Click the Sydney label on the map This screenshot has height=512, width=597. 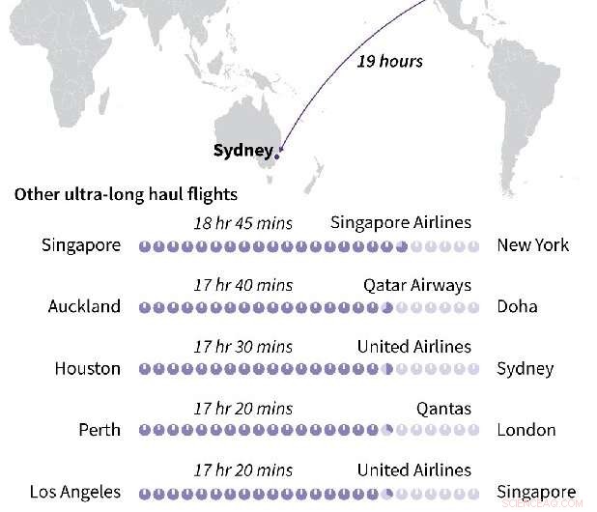point(242,151)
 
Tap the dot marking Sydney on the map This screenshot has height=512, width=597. point(278,153)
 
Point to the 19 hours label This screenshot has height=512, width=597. point(390,61)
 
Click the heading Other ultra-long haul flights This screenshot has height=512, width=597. point(126,194)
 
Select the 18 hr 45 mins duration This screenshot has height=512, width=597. point(242,223)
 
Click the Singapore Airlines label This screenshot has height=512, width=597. point(401,223)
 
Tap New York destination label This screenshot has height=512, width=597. point(533,245)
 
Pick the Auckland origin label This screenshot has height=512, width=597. point(85,307)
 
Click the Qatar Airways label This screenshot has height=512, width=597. point(417,285)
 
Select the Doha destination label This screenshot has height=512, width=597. point(517,307)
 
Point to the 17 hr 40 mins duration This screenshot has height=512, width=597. point(242,285)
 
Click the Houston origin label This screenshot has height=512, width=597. point(88,369)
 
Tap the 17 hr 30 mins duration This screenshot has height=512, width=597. point(242,347)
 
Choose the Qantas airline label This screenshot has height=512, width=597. point(444,409)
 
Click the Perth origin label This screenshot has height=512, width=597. point(99,431)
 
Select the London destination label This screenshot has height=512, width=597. point(526,431)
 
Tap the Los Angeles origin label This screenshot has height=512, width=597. point(75,493)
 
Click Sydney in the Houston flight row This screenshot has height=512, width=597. point(526,369)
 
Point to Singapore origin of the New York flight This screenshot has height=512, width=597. point(81,245)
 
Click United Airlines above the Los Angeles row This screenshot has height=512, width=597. point(414,470)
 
